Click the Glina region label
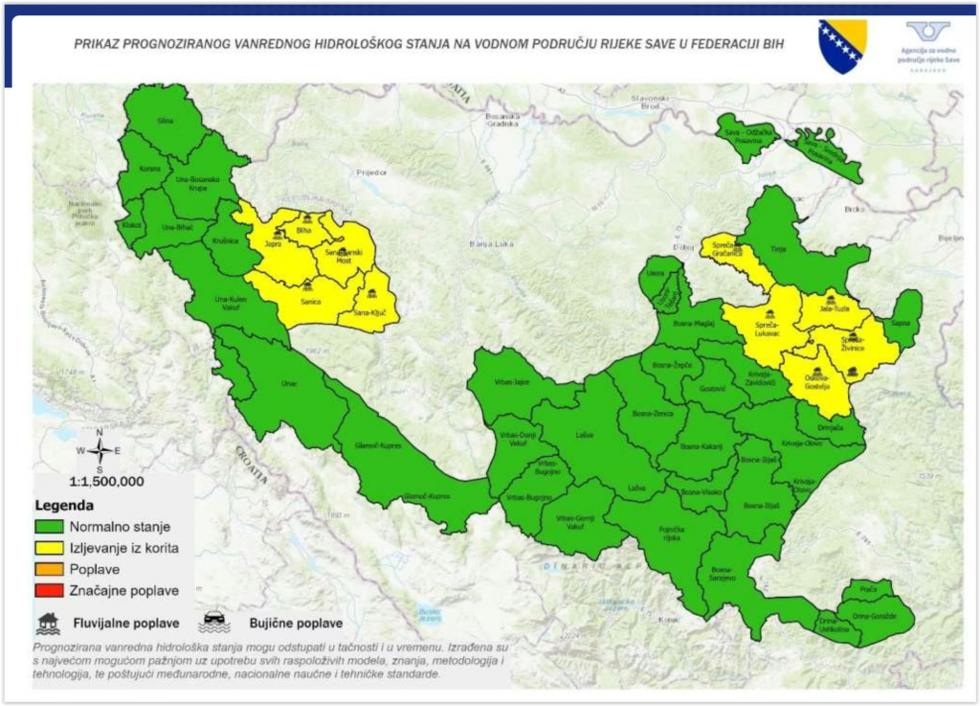(x=166, y=122)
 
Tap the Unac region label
(x=289, y=384)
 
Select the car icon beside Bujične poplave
(x=213, y=623)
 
